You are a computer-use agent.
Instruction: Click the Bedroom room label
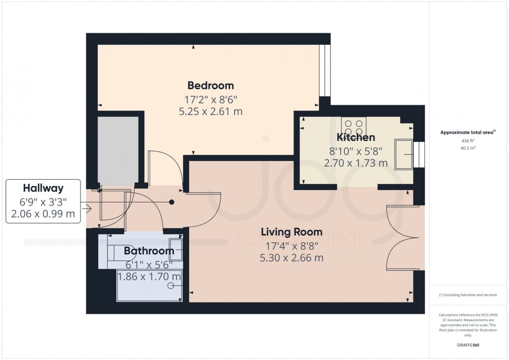[210, 85]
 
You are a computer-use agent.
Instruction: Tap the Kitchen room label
[356, 138]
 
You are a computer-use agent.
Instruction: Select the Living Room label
[291, 232]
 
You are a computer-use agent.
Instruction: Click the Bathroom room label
[149, 251]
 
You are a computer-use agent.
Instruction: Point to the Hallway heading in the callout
[43, 188]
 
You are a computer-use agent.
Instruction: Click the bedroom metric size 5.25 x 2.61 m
[210, 111]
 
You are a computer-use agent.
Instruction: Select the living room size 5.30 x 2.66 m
[291, 258]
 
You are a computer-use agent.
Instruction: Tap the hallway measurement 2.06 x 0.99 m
[43, 213]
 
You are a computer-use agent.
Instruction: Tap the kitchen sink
[404, 154]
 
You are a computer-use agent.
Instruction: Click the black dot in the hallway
[172, 202]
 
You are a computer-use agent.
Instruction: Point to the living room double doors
[403, 237]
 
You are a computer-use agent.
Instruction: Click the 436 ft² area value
[468, 141]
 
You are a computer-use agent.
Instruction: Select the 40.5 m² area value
[468, 148]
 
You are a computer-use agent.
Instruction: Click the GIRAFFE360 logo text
[468, 344]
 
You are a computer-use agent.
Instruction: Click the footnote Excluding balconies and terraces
[468, 295]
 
